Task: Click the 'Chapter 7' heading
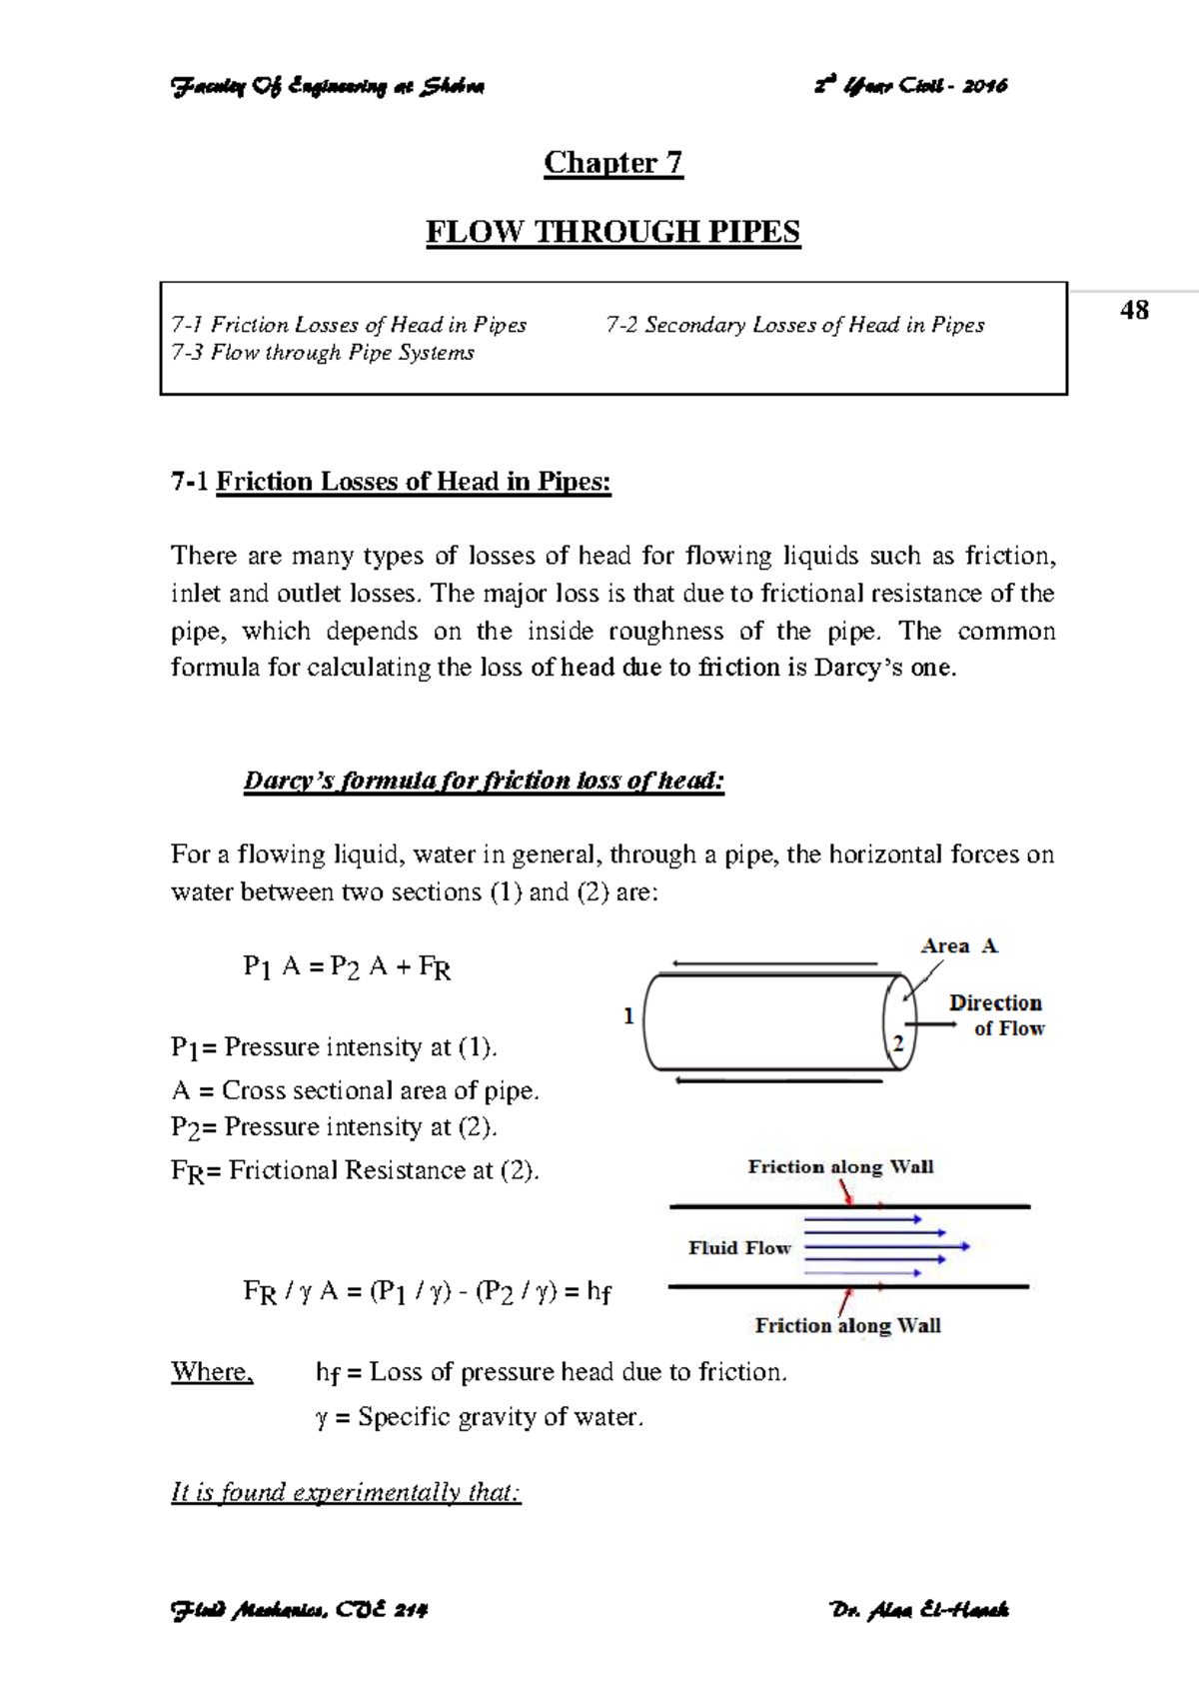tap(612, 163)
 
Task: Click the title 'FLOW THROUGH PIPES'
tap(612, 232)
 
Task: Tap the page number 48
tap(1134, 311)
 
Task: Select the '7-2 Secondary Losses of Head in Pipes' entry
tap(794, 325)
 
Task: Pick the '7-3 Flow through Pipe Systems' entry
tap(322, 353)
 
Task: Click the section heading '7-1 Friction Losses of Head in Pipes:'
tap(391, 482)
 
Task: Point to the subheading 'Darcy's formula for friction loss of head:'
tap(484, 781)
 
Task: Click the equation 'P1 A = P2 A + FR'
tap(347, 967)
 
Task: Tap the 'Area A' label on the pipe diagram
tap(958, 945)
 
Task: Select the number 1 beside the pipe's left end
tap(628, 1016)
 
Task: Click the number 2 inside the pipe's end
tap(898, 1043)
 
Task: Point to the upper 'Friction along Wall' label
tap(840, 1166)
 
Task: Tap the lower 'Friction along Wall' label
tap(847, 1325)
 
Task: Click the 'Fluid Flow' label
tap(739, 1247)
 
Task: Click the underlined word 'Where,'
tap(212, 1371)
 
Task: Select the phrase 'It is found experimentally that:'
tap(346, 1492)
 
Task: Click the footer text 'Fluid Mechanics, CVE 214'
tap(300, 1610)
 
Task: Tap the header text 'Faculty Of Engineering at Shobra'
tap(329, 87)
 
